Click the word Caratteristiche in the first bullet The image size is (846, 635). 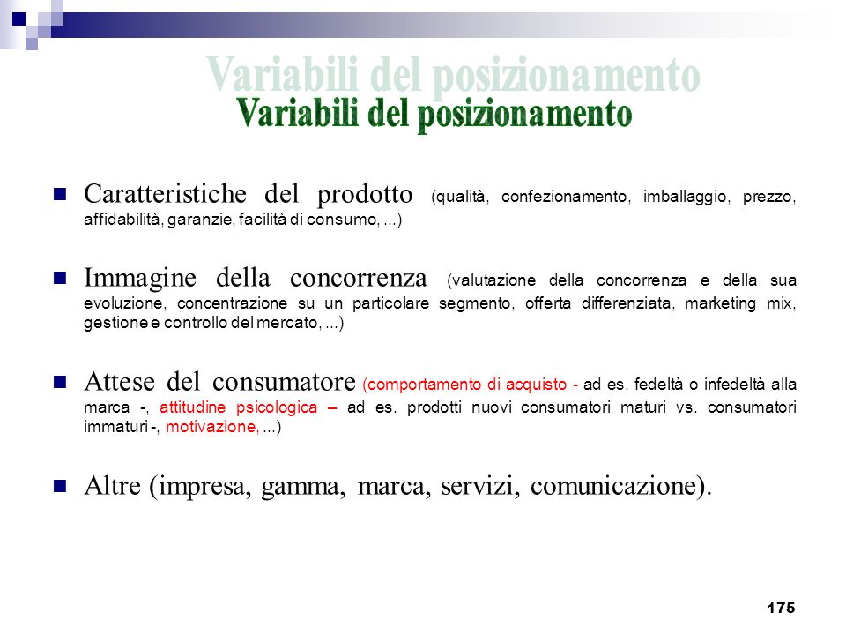165,194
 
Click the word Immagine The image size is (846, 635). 140,279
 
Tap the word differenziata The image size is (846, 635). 627,303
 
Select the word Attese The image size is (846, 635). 119,382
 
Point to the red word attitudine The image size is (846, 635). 192,407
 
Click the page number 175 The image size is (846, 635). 781,608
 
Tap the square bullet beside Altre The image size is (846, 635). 60,487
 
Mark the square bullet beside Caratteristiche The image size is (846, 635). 60,194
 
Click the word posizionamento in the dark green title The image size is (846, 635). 524,115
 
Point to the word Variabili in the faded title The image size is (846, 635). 281,73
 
